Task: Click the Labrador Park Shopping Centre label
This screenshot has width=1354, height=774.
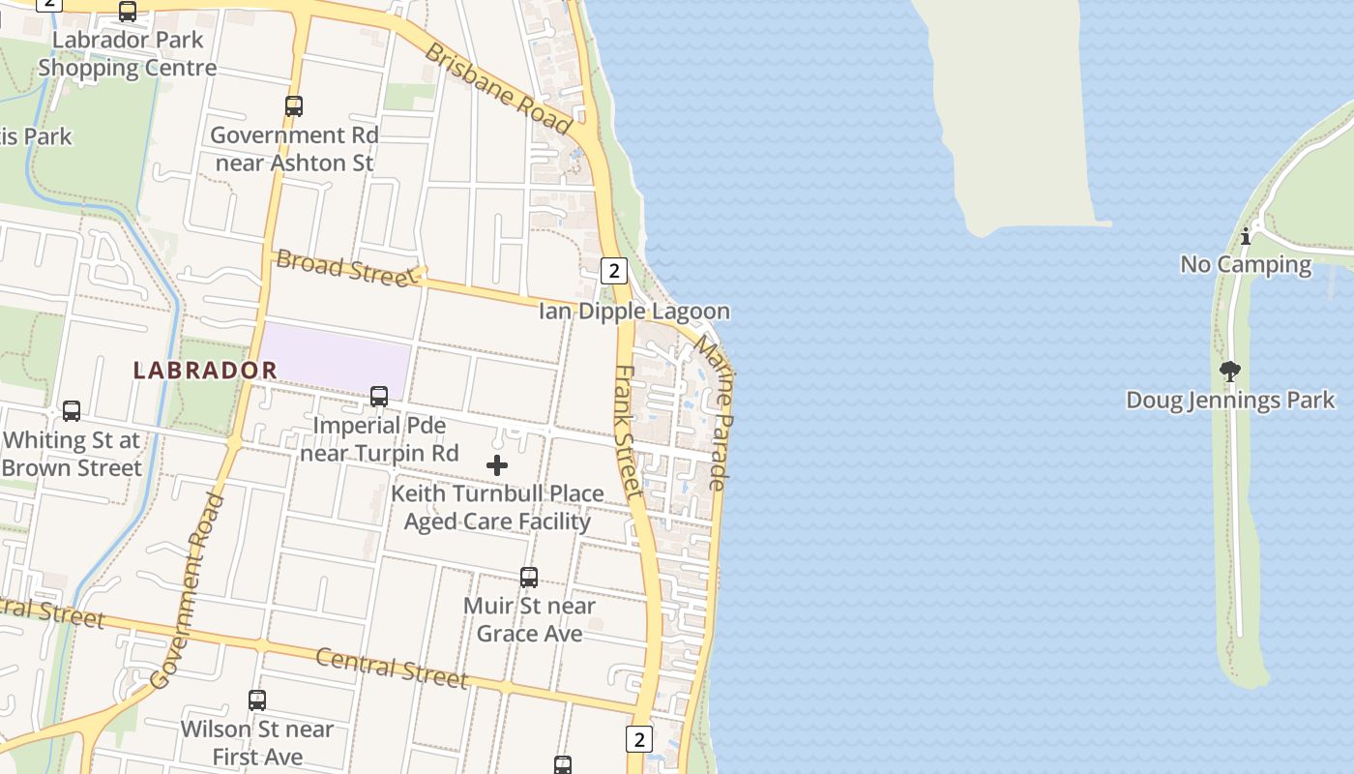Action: point(127,54)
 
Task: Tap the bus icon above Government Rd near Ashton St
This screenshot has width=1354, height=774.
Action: point(294,106)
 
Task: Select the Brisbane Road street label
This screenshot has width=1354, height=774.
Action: point(499,88)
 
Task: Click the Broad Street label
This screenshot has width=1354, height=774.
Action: point(344,268)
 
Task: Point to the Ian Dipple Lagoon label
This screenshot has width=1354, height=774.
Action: point(633,312)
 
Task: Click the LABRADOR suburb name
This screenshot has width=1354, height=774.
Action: point(205,370)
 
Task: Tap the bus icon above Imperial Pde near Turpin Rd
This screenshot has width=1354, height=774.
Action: point(379,397)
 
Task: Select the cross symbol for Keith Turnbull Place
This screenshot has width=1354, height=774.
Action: point(497,466)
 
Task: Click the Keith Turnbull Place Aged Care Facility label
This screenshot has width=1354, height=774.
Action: point(497,507)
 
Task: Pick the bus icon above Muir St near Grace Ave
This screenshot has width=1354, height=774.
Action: point(529,578)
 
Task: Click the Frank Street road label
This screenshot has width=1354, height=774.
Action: point(630,432)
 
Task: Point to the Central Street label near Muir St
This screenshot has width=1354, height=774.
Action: point(392,667)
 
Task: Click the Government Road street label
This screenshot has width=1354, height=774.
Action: point(189,592)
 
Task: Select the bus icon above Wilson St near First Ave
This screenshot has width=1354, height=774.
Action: point(257,700)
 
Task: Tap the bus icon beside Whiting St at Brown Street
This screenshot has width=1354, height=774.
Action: point(72,411)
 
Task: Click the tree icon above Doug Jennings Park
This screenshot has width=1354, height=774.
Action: point(1230,372)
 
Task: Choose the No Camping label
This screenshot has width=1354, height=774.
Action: point(1246,264)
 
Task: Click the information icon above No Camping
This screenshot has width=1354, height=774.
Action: point(1246,235)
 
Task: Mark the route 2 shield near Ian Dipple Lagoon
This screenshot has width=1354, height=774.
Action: point(613,270)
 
